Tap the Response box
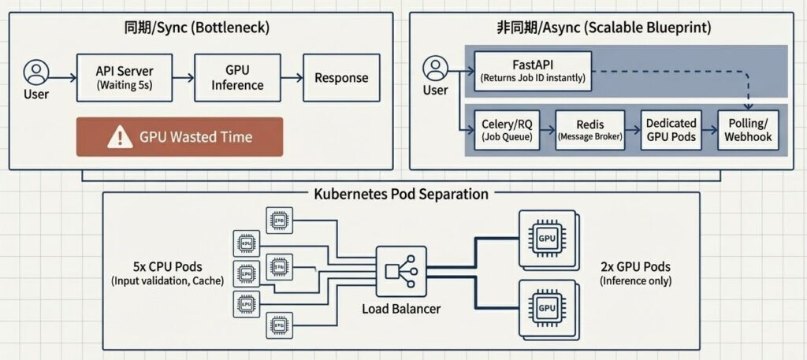tap(340, 78)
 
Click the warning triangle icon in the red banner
tap(120, 137)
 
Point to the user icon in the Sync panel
tap(35, 73)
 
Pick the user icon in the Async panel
tap(435, 68)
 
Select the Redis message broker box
tap(590, 129)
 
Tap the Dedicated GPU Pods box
tap(671, 129)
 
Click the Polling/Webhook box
tap(749, 129)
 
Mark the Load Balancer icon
tap(400, 271)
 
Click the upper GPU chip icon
tap(546, 238)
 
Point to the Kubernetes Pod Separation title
tap(400, 194)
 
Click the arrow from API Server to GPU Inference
tap(184, 78)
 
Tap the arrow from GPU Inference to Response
tap(292, 78)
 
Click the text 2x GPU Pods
tap(635, 265)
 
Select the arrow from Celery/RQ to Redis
tap(547, 129)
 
